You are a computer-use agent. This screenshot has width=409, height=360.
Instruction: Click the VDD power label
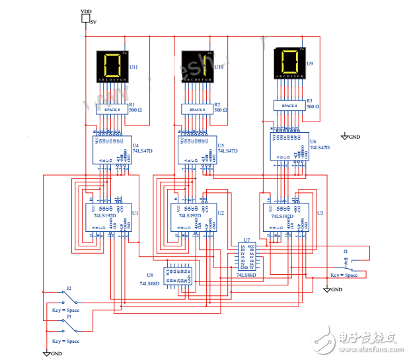[x=86, y=12]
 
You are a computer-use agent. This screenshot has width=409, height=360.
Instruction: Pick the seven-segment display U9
[x=290, y=63]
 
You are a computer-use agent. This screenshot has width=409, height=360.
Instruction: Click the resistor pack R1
[x=112, y=110]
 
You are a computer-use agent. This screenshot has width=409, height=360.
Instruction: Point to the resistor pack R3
[x=289, y=105]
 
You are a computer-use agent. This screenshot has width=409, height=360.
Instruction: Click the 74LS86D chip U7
[x=250, y=256]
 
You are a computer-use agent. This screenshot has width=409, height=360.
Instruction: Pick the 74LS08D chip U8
[x=176, y=273]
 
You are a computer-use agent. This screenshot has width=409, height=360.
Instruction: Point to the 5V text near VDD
[x=93, y=22]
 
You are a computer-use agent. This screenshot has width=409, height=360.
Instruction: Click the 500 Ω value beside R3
[x=313, y=106]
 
